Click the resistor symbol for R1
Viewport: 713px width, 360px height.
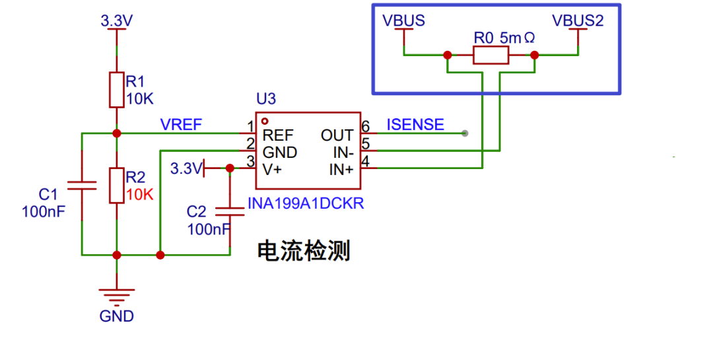click(117, 90)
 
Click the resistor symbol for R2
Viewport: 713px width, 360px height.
click(117, 186)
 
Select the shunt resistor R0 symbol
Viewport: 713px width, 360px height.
click(491, 55)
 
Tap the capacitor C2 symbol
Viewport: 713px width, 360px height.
click(230, 211)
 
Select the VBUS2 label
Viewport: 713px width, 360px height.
click(578, 21)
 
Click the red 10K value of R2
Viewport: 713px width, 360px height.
click(139, 195)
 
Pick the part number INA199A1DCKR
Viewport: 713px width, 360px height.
click(306, 204)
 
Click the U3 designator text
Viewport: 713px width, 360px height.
click(266, 100)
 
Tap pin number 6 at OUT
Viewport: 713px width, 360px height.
click(365, 126)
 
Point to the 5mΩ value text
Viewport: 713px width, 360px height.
click(517, 38)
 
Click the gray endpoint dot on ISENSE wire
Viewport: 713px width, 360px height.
click(465, 133)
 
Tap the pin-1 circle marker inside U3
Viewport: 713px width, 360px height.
click(265, 122)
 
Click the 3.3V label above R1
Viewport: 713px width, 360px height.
click(117, 21)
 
